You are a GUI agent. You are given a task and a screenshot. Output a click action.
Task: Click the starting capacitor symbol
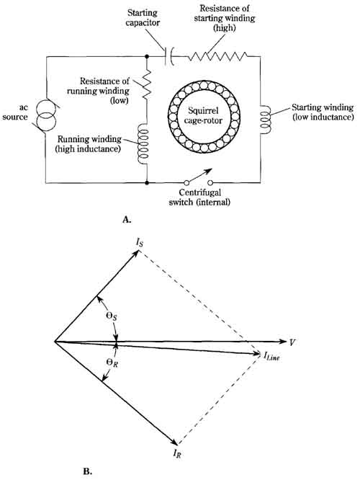pos(168,56)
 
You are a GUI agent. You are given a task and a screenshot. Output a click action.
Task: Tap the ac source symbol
pos(46,116)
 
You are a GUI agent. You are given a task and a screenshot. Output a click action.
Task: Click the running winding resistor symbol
pos(147,84)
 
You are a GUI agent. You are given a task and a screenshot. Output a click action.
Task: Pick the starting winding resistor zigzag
pos(217,56)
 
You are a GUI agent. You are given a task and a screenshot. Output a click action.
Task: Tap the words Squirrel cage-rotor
pos(203,115)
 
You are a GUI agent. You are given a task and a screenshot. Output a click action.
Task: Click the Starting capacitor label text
pos(143,18)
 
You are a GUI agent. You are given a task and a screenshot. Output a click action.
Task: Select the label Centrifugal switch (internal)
pos(199,197)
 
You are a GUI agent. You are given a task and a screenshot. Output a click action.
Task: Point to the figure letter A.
pos(127,220)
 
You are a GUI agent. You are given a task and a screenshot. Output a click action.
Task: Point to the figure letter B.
pos(88,471)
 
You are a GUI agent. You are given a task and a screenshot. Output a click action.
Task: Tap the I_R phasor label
pos(177,453)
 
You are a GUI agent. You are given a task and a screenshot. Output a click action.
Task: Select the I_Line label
pos(271,356)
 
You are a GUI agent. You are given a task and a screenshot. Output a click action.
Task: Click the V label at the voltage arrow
pos(292,342)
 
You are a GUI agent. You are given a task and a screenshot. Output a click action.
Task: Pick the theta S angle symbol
pos(112,316)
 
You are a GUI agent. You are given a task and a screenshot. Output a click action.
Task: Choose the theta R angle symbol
pos(112,363)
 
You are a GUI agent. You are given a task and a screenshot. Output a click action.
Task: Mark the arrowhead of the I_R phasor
pos(175,443)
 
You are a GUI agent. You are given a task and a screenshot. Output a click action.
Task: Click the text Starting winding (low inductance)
pos(323,112)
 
